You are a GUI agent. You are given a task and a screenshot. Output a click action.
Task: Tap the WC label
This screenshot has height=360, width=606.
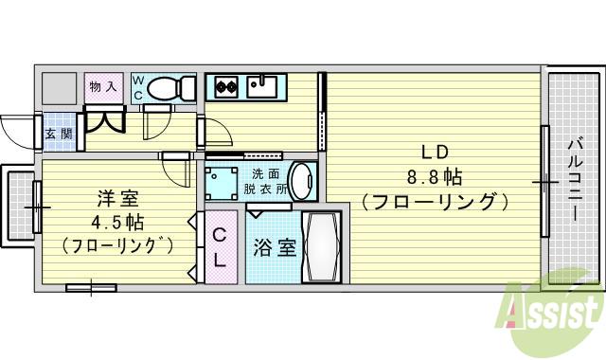(139, 88)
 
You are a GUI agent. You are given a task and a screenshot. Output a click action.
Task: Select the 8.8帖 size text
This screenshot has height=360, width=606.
(434, 177)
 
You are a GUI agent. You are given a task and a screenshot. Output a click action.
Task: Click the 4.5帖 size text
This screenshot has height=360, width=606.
(118, 223)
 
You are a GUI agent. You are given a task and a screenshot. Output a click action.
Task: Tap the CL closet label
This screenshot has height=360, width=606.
(219, 246)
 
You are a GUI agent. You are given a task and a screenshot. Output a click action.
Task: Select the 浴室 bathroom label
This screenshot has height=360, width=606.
(275, 249)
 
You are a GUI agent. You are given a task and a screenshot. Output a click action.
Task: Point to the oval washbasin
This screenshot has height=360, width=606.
(301, 180)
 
